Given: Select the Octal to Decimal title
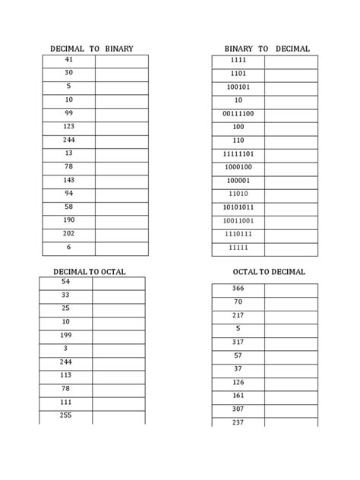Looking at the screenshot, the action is click(x=269, y=272).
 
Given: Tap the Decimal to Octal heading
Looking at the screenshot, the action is click(x=90, y=272).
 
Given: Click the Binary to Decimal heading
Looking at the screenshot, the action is click(x=267, y=49).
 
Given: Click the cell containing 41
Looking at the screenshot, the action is click(x=69, y=60).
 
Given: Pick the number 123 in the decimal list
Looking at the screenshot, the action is click(x=69, y=127).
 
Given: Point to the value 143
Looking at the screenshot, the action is click(x=69, y=181).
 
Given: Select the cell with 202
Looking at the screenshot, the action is click(x=69, y=234).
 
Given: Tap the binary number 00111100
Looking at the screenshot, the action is click(x=238, y=114).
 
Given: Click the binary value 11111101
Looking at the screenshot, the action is click(x=238, y=153).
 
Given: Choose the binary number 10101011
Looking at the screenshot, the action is click(x=238, y=207).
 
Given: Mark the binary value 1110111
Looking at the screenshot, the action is click(x=238, y=234).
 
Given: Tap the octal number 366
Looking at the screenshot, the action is click(x=238, y=289).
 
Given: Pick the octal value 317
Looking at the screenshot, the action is click(x=238, y=343).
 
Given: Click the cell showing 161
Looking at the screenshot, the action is click(x=238, y=396).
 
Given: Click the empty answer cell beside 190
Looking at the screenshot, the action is click(x=122, y=221).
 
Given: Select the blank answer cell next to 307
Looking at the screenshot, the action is click(x=291, y=409).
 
